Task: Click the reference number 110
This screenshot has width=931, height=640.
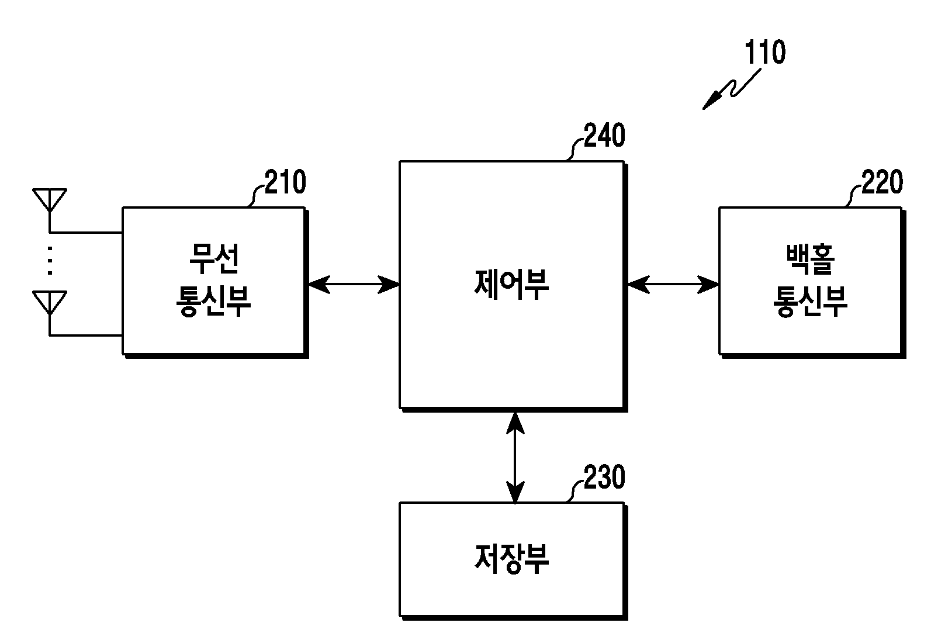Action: [765, 53]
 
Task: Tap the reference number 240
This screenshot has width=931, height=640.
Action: [605, 135]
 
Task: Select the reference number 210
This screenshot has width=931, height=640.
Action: [286, 182]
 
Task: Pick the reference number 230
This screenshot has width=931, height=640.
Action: [605, 477]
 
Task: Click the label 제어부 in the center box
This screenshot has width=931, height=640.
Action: [511, 285]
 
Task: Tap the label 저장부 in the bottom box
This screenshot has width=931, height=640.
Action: [511, 559]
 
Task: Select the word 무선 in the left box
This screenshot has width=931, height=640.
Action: [214, 259]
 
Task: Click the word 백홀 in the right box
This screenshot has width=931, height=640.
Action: [811, 260]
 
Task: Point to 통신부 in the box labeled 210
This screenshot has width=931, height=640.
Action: [214, 302]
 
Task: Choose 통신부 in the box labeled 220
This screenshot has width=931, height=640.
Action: [811, 302]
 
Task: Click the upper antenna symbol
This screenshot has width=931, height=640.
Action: [50, 200]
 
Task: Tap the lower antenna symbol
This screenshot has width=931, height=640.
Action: [50, 303]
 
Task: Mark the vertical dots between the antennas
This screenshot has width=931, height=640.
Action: [50, 261]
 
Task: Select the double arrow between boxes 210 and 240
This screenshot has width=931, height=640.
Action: [354, 285]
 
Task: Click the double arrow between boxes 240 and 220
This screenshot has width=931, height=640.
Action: [673, 285]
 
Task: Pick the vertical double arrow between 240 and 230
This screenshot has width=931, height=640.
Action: [515, 458]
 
